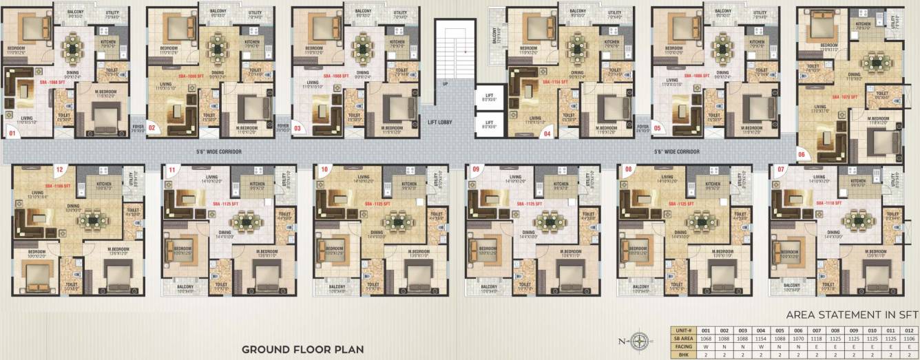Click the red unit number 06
click(x=802, y=155)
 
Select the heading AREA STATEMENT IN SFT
click(x=853, y=315)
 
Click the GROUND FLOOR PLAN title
click(x=302, y=349)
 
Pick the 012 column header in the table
click(x=909, y=330)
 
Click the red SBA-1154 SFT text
click(x=555, y=82)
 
